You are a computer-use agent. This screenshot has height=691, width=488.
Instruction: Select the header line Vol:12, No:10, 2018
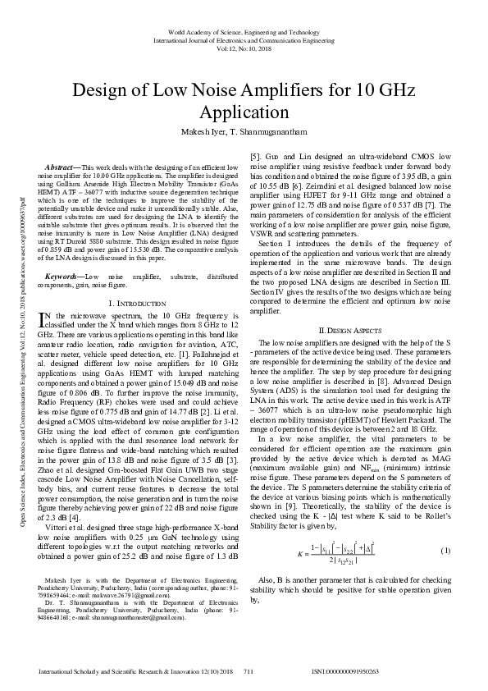click(244, 49)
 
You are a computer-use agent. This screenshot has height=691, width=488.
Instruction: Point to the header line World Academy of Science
click(244, 30)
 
